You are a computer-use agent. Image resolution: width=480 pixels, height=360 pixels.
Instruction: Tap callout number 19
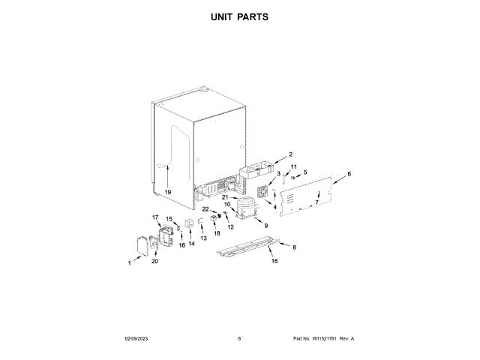[168, 192]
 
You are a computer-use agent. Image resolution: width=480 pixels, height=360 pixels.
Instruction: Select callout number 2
[290, 154]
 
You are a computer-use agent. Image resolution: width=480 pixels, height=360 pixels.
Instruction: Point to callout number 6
[349, 174]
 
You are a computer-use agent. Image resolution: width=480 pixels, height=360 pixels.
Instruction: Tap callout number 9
[265, 224]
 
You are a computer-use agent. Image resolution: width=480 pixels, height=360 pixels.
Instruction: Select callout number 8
[294, 247]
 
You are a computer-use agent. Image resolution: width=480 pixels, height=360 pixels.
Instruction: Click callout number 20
[155, 261]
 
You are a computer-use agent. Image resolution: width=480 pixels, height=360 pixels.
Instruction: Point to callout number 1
[129, 263]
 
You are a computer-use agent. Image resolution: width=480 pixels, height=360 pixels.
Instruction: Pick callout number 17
[156, 218]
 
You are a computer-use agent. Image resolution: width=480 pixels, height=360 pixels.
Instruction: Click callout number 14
[191, 243]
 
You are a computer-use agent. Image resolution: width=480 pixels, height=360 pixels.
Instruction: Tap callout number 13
[203, 238]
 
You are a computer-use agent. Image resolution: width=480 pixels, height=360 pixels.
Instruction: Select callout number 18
[217, 234]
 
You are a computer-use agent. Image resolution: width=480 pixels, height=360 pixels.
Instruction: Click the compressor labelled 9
[246, 208]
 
